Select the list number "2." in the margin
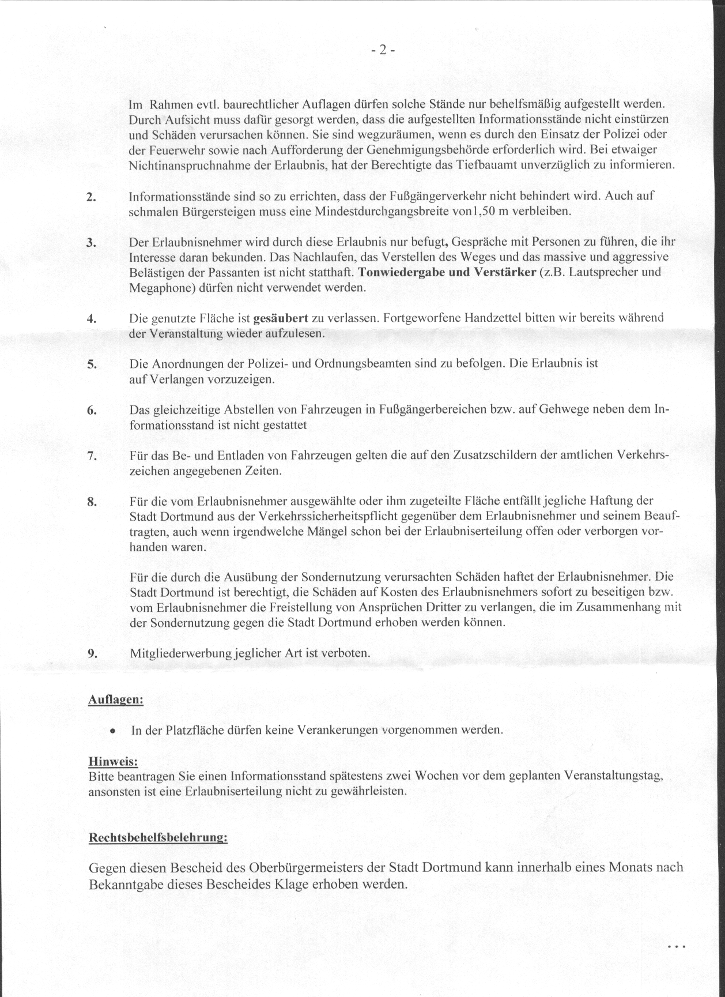point(90,197)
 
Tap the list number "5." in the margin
point(90,364)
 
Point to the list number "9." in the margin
point(92,653)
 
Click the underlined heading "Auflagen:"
point(115,699)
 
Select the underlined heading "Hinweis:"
point(113,762)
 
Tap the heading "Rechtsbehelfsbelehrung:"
point(158,837)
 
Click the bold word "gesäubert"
point(281,318)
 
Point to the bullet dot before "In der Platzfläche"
point(114,731)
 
